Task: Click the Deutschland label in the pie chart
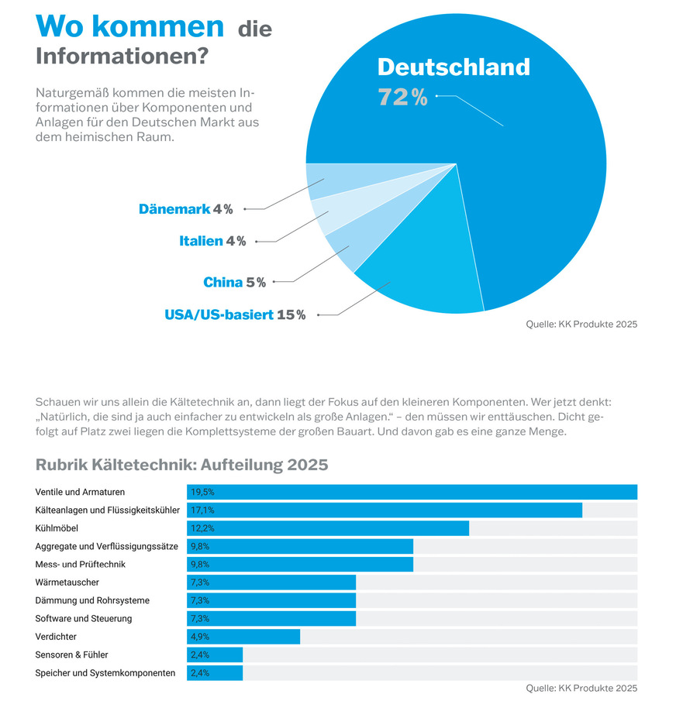454,67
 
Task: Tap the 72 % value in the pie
402,98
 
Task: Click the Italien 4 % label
212,241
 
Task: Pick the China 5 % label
234,283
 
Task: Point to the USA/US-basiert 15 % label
235,314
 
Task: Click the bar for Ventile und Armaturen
412,492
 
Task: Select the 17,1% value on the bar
202,510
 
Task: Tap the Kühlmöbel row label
57,528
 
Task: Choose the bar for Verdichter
243,637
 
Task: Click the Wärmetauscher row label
67,582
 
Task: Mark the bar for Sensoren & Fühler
215,655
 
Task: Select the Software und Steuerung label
84,619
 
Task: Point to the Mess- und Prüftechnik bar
300,565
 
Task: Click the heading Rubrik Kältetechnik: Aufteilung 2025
182,465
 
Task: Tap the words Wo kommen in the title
129,26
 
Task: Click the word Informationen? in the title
122,57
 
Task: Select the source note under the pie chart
581,325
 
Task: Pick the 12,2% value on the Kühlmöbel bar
202,528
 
